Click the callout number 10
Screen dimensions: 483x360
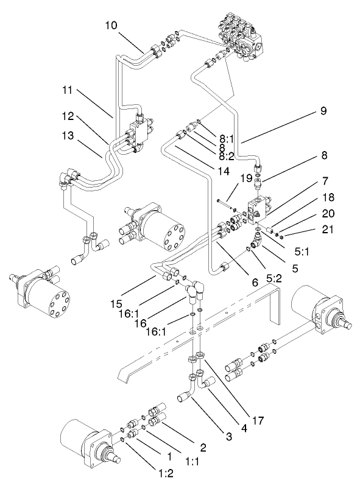click(x=110, y=26)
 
